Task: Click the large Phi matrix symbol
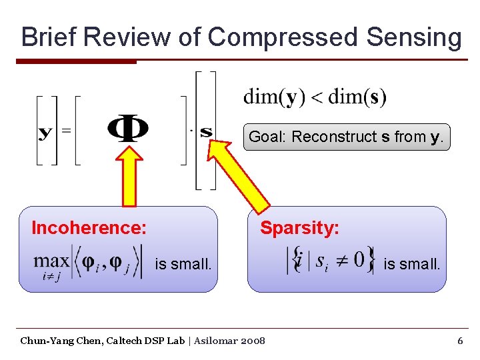coord(128,129)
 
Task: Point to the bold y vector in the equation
coord(45,131)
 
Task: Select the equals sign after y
coord(66,131)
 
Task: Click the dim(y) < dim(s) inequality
coord(315,97)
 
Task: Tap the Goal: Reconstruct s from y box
coord(346,137)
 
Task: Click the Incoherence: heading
coord(89,228)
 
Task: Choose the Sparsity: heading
coord(299,228)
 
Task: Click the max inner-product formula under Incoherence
coord(88,263)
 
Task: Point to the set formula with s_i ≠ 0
coord(331,260)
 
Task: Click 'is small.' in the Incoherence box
coord(183,264)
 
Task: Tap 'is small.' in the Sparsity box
coord(412,264)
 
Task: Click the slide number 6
coord(459,341)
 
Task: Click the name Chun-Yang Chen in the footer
coord(53,341)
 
